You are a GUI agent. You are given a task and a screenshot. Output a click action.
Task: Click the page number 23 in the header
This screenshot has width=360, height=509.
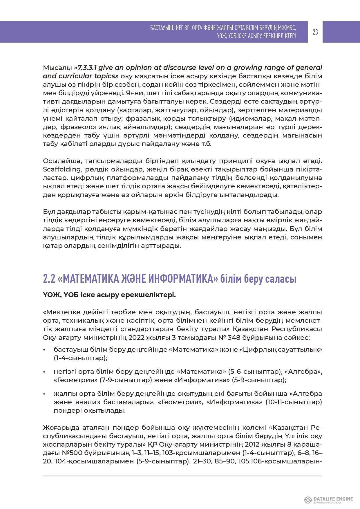[x=315, y=32]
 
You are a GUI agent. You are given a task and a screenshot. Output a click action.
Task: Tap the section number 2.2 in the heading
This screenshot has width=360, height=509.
[x=49, y=279]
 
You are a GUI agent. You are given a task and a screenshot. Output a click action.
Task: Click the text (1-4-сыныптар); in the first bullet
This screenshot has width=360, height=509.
[x=81, y=358]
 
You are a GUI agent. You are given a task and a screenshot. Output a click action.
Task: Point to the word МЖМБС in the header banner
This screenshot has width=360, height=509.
[x=286, y=28]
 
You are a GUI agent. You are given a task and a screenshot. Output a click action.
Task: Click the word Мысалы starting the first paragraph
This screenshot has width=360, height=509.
[x=57, y=68]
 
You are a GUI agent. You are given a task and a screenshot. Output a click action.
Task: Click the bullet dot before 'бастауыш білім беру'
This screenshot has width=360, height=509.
[x=44, y=350]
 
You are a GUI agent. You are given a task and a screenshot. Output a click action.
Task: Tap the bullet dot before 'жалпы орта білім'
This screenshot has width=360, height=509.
[x=44, y=394]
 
